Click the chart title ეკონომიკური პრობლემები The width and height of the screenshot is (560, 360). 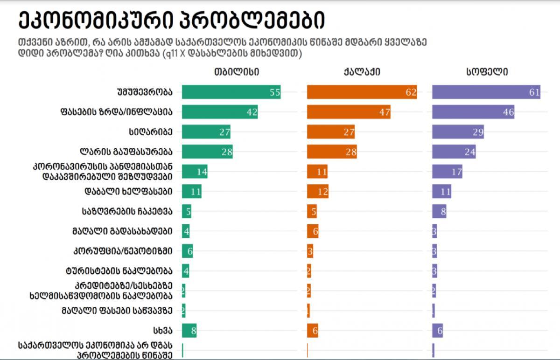pos(172,21)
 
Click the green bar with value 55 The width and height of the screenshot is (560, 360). pos(231,92)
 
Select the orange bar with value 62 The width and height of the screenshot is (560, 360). pos(362,92)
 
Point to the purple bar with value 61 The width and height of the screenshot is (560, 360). pos(486,92)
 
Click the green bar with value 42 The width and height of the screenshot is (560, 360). pos(219,112)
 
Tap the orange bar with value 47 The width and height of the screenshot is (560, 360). pos(349,112)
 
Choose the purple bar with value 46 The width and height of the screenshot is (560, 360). pos(473,112)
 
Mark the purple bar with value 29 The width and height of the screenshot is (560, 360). pos(458,132)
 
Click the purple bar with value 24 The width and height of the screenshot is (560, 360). pos(454,152)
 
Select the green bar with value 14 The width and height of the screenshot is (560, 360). pos(195,172)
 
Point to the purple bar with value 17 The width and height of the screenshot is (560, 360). pos(447,172)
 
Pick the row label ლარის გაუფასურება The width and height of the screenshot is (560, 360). pos(126,152)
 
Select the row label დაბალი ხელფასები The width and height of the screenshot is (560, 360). pos(128,191)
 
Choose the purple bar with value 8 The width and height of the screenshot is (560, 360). pos(440,211)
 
